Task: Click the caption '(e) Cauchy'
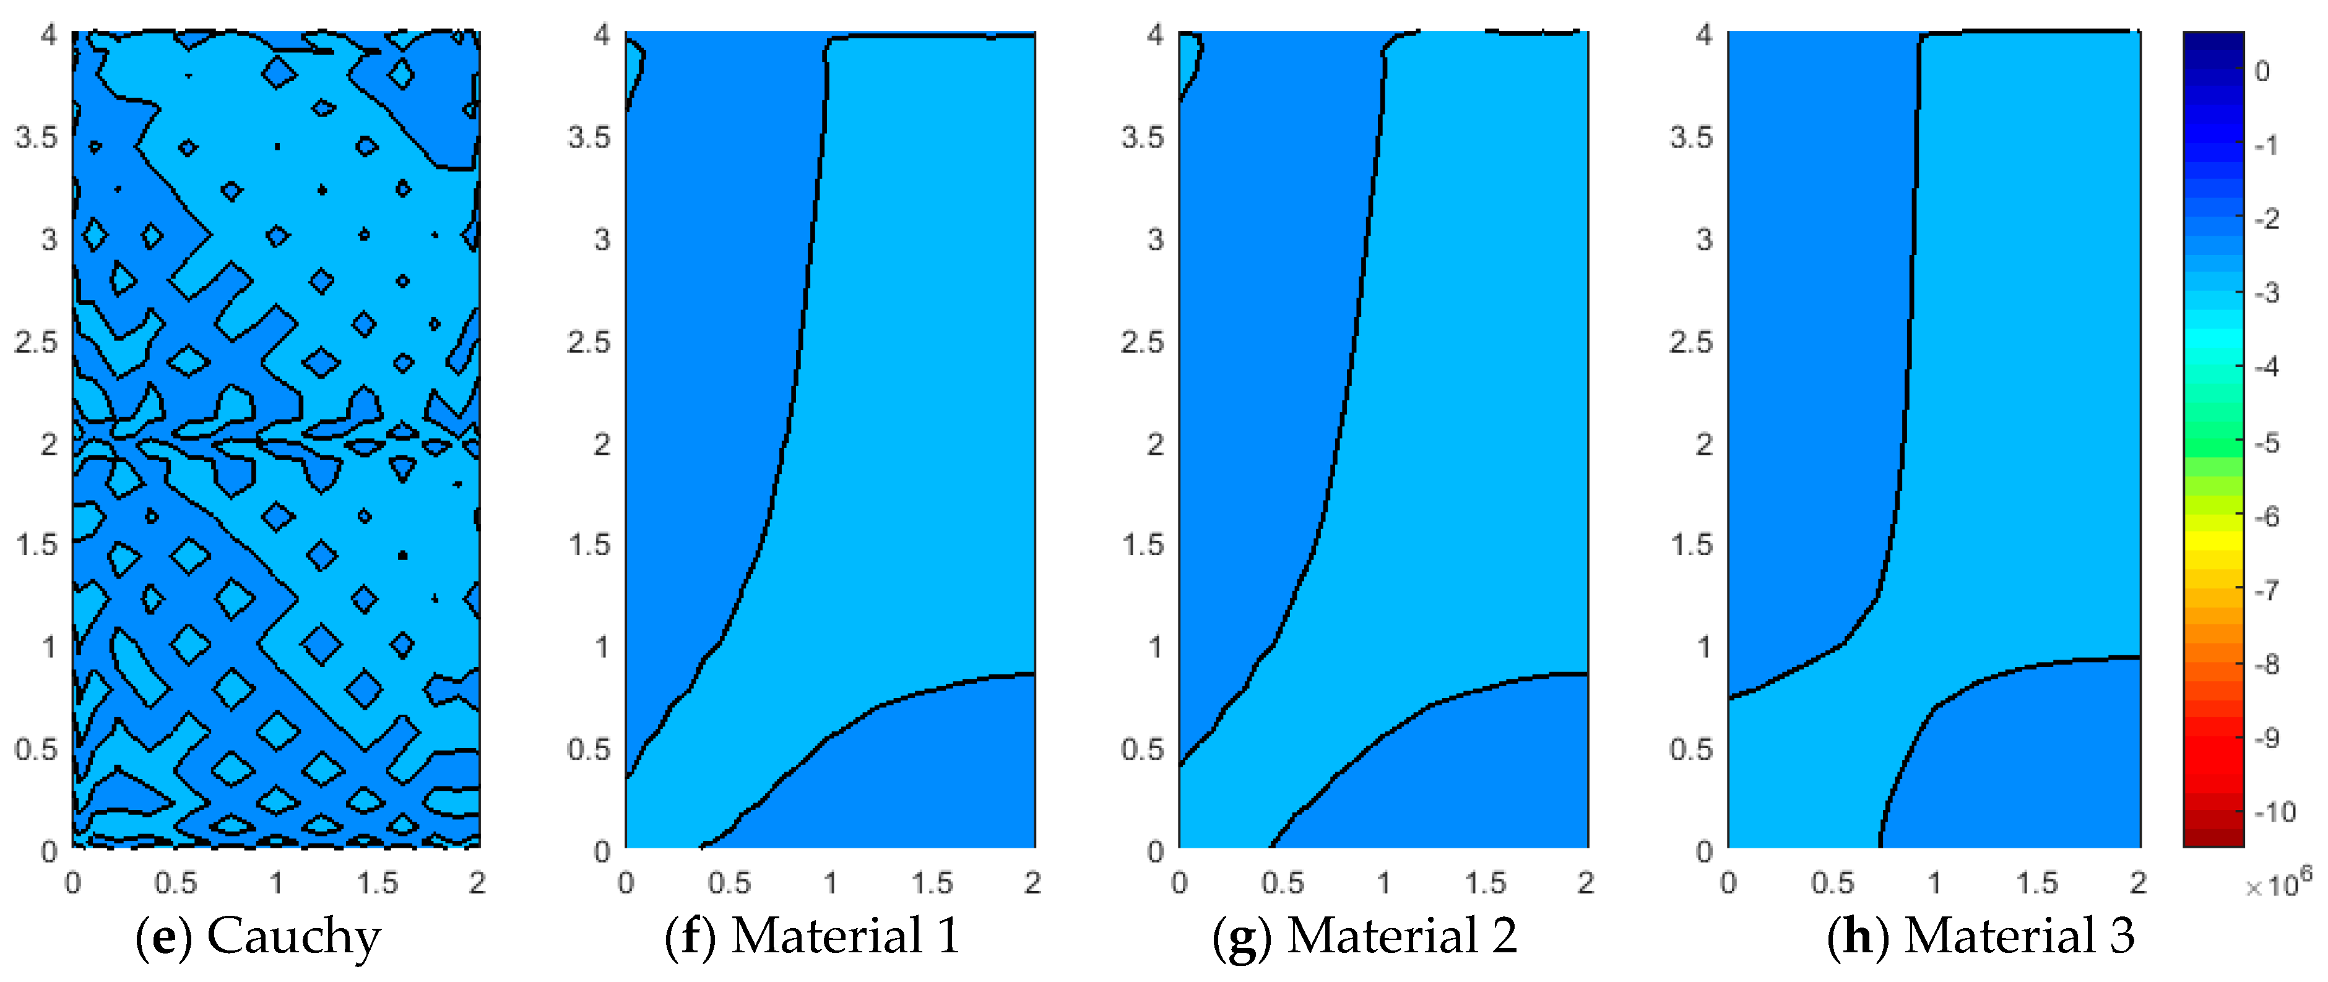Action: [259, 936]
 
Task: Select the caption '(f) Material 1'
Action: [811, 936]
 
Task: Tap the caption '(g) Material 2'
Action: [1365, 936]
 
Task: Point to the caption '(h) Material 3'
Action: [1981, 936]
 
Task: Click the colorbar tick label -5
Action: [2267, 442]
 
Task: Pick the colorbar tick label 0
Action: [2262, 71]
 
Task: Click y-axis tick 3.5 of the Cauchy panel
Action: [36, 137]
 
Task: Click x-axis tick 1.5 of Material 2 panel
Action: [1485, 882]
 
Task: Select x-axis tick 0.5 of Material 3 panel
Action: [1832, 882]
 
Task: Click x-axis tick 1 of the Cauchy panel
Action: [277, 882]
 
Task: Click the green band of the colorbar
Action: [2213, 434]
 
